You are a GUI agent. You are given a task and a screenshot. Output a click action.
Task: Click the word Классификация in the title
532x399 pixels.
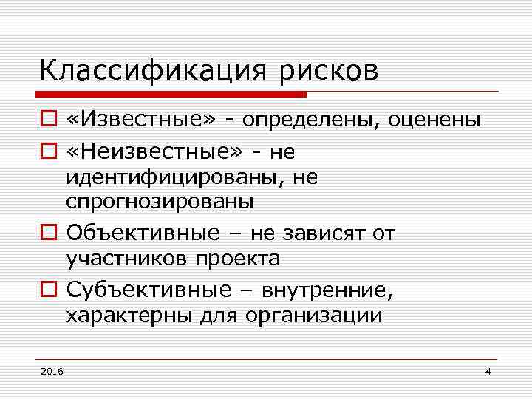[x=154, y=72]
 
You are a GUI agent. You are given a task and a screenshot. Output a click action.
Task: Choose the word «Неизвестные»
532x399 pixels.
[x=154, y=152]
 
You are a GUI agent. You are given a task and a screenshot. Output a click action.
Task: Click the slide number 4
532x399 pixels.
[x=488, y=370]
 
